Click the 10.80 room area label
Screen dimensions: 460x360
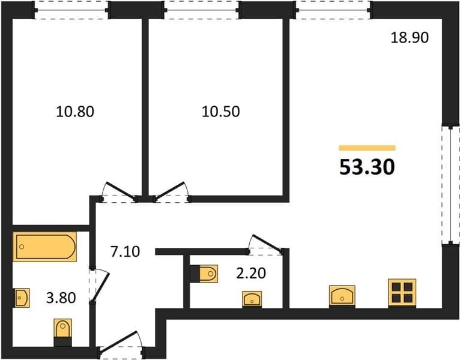(x=75, y=112)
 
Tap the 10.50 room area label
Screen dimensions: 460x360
(x=220, y=112)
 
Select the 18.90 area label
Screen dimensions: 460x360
(x=410, y=38)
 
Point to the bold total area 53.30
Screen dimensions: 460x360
(x=367, y=167)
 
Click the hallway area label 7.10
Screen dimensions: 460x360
(x=126, y=251)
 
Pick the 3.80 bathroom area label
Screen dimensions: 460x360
(x=61, y=298)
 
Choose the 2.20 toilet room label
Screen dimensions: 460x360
(x=251, y=273)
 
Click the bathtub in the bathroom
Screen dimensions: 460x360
(x=45, y=247)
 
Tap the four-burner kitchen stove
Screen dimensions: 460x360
(x=402, y=293)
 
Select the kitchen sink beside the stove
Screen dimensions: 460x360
(x=342, y=296)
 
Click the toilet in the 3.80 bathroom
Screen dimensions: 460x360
(x=63, y=333)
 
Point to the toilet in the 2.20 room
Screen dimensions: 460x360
(x=204, y=274)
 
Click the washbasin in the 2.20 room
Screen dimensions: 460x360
(x=252, y=299)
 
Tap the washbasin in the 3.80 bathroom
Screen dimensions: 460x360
(x=22, y=298)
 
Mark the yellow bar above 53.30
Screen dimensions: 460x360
(x=367, y=148)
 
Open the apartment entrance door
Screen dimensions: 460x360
(x=121, y=344)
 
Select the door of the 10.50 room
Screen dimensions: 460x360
(x=172, y=193)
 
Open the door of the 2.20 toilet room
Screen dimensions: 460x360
(x=265, y=244)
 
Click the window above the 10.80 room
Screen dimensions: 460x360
(x=71, y=10)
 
